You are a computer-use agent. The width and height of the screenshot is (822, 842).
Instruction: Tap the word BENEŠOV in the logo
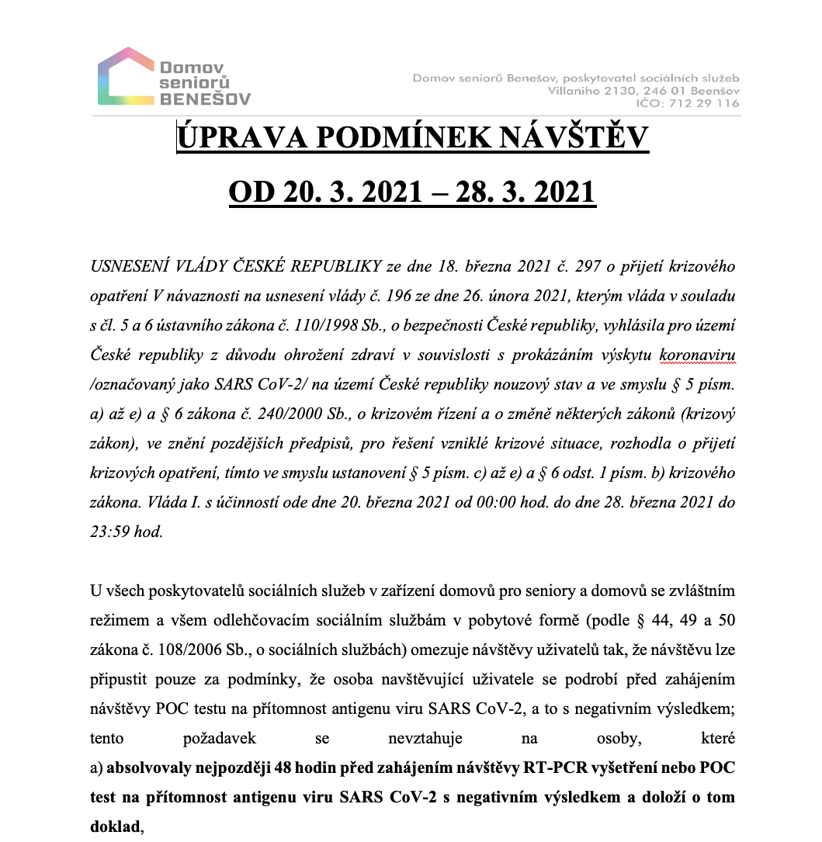tap(205, 99)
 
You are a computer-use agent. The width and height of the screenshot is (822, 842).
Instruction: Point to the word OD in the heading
tap(250, 191)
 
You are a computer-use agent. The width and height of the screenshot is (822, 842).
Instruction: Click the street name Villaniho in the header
tap(575, 91)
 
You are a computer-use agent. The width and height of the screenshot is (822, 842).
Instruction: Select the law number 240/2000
tap(252, 413)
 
